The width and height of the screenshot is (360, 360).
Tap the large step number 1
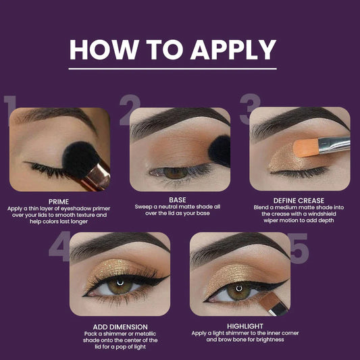[9, 112]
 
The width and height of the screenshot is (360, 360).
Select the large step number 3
[250, 111]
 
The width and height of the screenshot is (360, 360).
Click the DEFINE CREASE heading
[299, 201]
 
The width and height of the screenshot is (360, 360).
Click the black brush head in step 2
[220, 150]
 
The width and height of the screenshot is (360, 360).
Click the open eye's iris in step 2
[176, 173]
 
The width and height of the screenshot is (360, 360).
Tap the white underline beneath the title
[173, 68]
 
